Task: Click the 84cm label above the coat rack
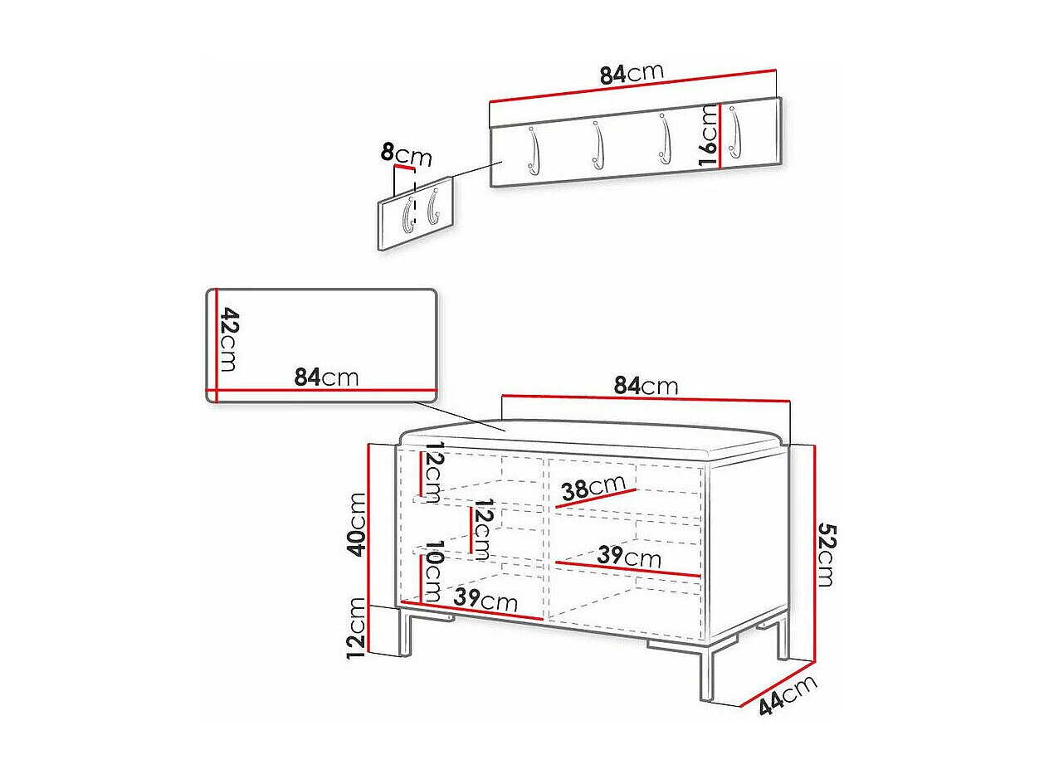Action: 632,74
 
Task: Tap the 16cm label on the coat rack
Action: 708,136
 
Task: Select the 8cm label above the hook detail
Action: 407,154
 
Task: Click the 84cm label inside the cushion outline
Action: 326,377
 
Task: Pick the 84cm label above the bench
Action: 646,386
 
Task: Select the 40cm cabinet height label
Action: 357,524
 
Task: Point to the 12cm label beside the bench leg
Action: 357,627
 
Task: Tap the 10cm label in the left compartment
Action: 433,572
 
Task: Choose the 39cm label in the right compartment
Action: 629,557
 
